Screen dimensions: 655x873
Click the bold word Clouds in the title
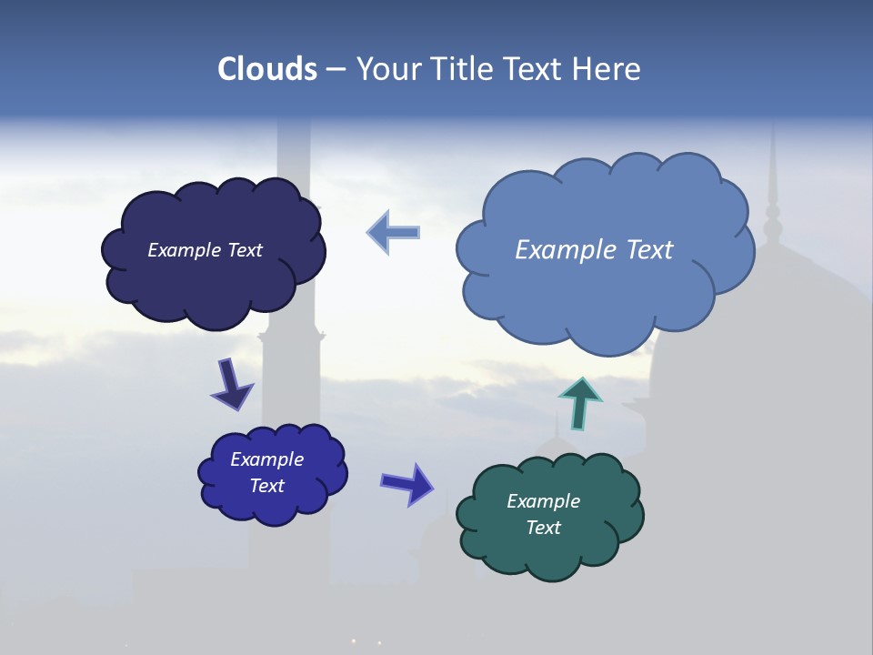coord(267,69)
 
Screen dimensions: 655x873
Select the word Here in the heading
coord(607,69)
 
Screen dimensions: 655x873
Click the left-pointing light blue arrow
coord(394,232)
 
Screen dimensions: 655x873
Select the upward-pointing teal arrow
coord(579,403)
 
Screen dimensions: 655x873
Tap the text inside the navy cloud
coord(205,250)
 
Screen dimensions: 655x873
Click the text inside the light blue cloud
coord(594,250)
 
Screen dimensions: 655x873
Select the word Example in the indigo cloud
coord(266,459)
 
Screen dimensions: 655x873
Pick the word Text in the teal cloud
coord(543,528)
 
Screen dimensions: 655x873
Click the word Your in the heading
coord(387,69)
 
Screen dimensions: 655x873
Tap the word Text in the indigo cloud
coord(266,486)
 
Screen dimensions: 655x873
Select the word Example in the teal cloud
coord(543,501)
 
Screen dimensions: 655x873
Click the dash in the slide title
coord(335,69)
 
